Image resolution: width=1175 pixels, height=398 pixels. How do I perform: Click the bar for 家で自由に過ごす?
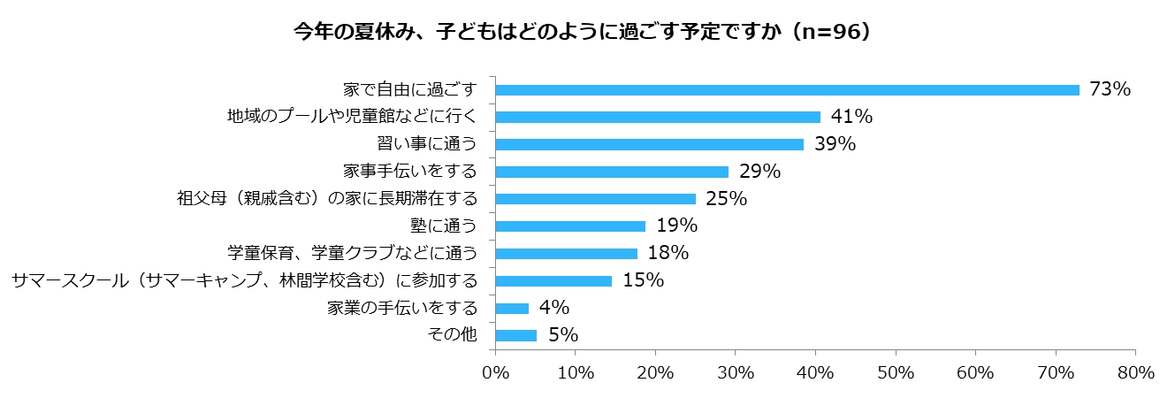pyautogui.click(x=787, y=89)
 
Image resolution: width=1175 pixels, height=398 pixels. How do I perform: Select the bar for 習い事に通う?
pyautogui.click(x=650, y=144)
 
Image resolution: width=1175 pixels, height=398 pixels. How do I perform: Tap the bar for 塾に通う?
pyautogui.click(x=570, y=226)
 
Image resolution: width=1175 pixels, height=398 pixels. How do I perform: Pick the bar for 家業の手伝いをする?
pyautogui.click(x=512, y=308)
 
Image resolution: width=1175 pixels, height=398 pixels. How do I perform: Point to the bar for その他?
pyautogui.click(x=516, y=335)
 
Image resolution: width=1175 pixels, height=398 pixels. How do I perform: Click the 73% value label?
pyautogui.click(x=1110, y=89)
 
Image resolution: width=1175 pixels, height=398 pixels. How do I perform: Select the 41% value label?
pyautogui.click(x=851, y=117)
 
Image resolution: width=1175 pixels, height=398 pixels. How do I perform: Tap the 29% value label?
pyautogui.click(x=759, y=172)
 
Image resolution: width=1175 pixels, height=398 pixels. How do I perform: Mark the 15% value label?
pyautogui.click(x=643, y=280)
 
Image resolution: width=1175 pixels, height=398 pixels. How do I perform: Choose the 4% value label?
pyautogui.click(x=554, y=308)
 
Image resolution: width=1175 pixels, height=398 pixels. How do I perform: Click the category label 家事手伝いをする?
pyautogui.click(x=409, y=171)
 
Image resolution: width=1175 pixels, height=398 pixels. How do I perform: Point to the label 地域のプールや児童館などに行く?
pyautogui.click(x=352, y=116)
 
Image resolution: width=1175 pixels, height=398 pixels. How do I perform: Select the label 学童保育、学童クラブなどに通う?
pyautogui.click(x=352, y=253)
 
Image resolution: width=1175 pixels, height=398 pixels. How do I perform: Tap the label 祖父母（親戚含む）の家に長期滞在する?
pyautogui.click(x=327, y=198)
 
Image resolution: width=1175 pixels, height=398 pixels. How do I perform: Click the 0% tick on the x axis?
pyautogui.click(x=495, y=372)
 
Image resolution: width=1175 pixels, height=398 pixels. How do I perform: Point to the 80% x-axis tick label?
pyautogui.click(x=1134, y=372)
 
